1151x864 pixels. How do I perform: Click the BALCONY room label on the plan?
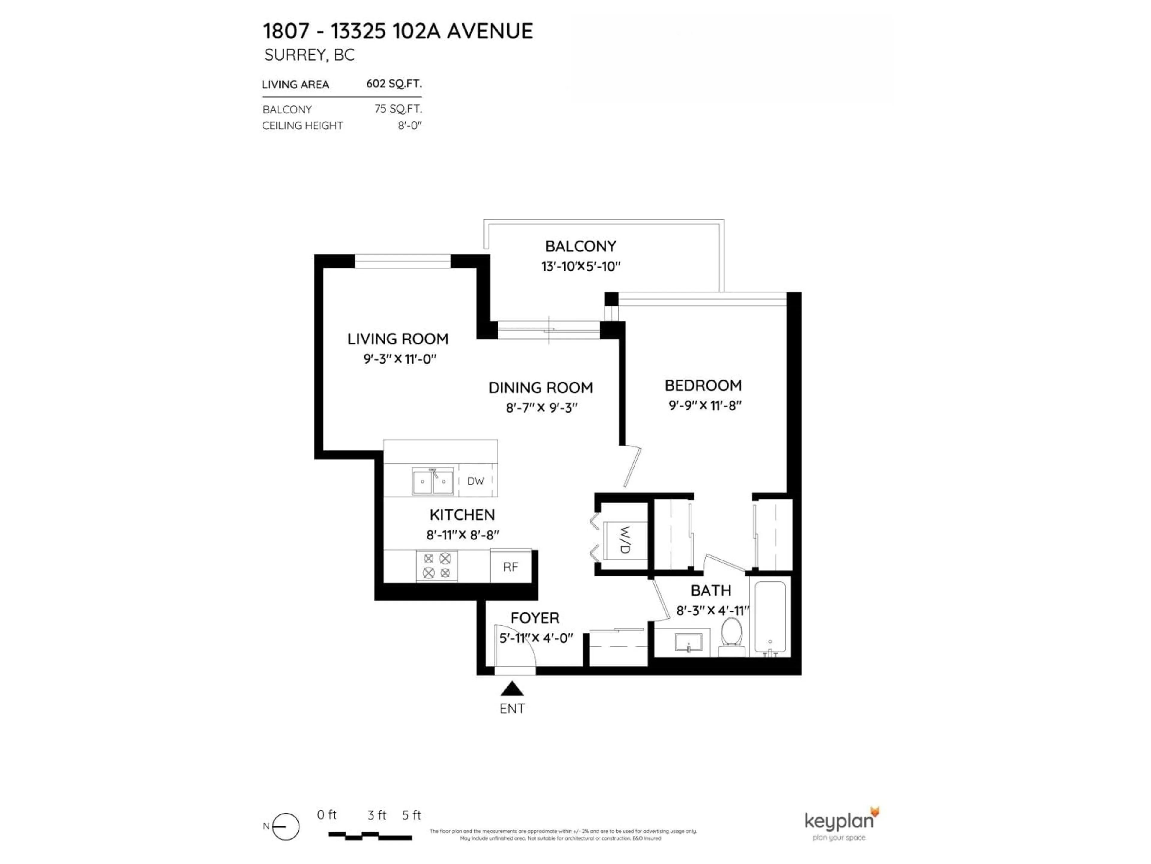580,246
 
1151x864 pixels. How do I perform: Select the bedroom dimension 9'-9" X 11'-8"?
705,406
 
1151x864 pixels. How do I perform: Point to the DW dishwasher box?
476,481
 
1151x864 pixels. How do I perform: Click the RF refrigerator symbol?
510,567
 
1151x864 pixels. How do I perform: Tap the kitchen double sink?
433,481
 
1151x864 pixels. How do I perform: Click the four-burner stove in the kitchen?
436,565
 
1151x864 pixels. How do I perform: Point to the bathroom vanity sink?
689,642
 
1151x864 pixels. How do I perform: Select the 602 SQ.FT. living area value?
394,84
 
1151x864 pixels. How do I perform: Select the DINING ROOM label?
541,388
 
